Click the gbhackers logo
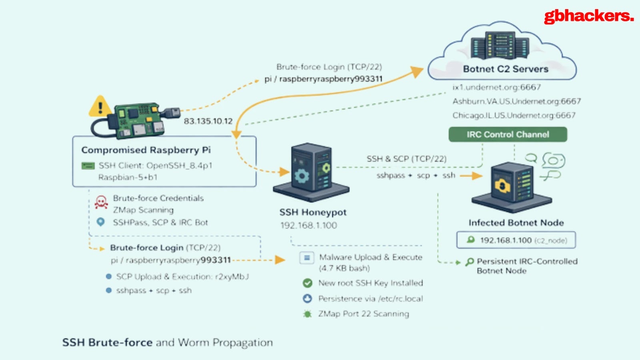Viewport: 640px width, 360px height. click(588, 16)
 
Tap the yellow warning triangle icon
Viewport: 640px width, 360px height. click(100, 107)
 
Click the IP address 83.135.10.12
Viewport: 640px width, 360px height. click(208, 121)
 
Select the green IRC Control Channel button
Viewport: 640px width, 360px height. click(508, 134)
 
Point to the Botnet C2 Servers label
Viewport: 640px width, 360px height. click(506, 69)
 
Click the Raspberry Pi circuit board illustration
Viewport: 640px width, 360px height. click(138, 120)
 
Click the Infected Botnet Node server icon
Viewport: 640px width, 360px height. click(512, 186)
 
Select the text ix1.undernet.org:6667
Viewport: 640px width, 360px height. click(496, 87)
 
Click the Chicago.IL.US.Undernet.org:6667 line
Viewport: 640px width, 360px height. click(514, 115)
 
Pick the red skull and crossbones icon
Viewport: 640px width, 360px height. click(101, 202)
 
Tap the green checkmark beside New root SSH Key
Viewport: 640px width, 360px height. click(307, 283)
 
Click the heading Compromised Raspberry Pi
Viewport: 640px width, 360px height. click(146, 150)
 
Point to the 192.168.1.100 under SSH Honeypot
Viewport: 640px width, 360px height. click(308, 225)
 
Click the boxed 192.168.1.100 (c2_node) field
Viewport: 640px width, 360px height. click(516, 240)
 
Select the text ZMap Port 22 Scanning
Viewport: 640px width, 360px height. click(364, 314)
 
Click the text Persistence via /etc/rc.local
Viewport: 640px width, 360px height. click(370, 299)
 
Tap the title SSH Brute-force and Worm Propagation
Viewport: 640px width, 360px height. click(167, 343)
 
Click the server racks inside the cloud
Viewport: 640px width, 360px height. click(500, 45)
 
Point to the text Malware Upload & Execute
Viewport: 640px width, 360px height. click(370, 257)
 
